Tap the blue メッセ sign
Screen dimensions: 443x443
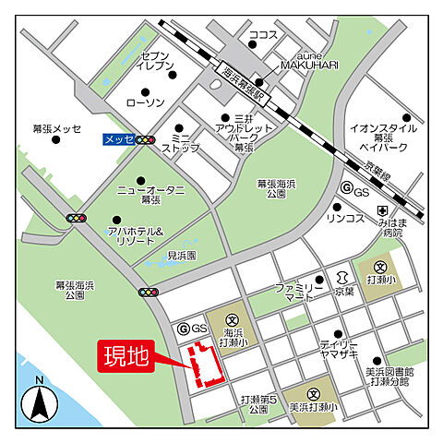tap(117, 139)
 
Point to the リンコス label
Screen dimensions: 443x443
tap(343, 218)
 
